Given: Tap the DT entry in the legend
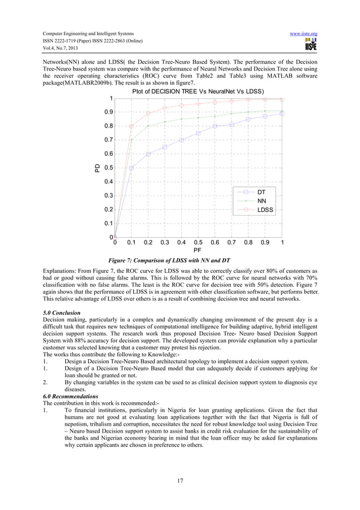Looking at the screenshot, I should pos(261,192).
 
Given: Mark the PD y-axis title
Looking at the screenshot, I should pos(96,168).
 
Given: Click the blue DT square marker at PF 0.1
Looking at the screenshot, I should pos(131,168).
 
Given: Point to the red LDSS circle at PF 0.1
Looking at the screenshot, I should pos(131,126).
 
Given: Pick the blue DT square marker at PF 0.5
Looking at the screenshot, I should pos(198,133).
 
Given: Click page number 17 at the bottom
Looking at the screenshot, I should pos(179,481).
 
